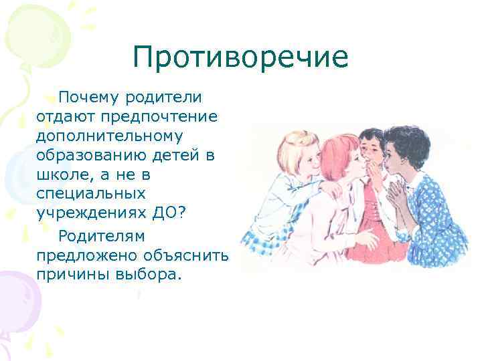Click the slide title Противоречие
[240, 57]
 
